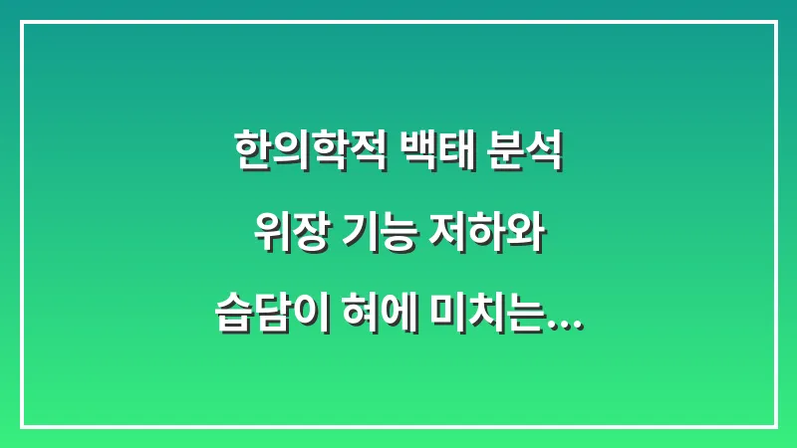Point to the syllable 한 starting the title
tap(249, 154)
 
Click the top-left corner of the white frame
tap(21, 22)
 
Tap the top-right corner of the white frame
tap(776, 22)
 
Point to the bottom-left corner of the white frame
tap(21, 427)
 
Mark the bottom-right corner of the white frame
tap(776, 427)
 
